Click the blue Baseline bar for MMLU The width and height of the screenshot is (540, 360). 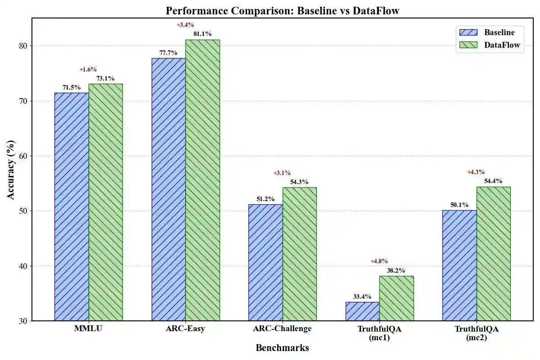pos(72,207)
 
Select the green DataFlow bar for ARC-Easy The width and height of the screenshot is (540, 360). pos(202,180)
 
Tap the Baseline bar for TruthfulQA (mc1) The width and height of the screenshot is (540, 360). pos(362,311)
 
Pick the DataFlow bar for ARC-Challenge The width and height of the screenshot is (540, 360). pos(299,254)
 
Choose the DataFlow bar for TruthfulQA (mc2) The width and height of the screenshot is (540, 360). pos(493,254)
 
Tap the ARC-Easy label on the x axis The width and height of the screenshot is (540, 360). pos(185,328)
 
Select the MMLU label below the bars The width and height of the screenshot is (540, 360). pos(88,328)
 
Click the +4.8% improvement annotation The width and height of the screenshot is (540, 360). pos(379,261)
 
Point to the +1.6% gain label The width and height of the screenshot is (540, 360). pos(88,69)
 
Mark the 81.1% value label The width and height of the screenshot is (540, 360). pos(202,34)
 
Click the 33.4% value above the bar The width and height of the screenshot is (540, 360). pos(362,297)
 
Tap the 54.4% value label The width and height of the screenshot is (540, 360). pos(493,181)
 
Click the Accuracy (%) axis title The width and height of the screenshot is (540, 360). pos(12,170)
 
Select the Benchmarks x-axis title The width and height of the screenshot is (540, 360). pos(282,348)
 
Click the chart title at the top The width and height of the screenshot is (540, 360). pos(282,10)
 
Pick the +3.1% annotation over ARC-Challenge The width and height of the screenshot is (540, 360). pos(282,173)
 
